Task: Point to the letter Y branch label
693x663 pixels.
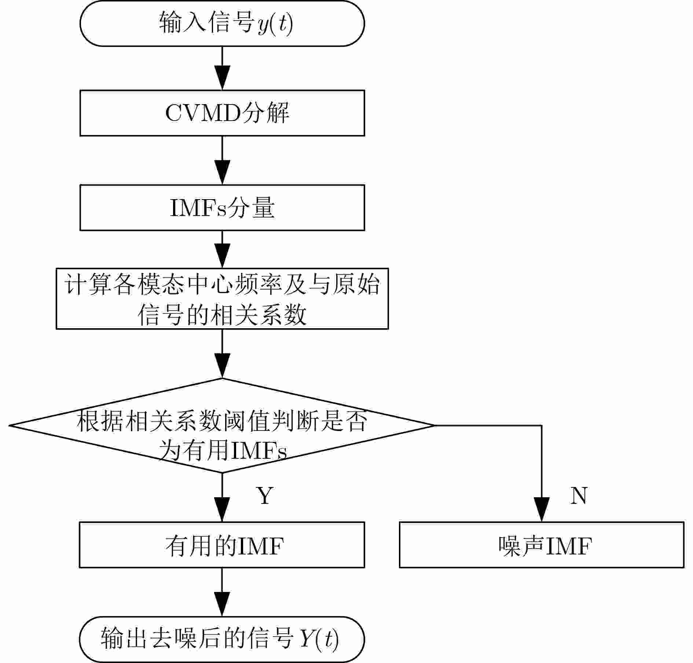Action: click(x=265, y=495)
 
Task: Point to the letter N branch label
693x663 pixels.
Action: click(x=579, y=495)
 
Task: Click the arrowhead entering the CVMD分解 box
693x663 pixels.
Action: click(x=222, y=78)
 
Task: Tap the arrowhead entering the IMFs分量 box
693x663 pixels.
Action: click(x=222, y=172)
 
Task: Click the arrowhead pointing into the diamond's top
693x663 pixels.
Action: click(x=222, y=366)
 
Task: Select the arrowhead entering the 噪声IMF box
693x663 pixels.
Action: click(x=542, y=509)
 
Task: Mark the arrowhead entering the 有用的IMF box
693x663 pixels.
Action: click(x=222, y=509)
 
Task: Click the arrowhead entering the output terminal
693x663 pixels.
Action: click(x=222, y=604)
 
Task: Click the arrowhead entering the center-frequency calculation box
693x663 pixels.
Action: click(x=222, y=256)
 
